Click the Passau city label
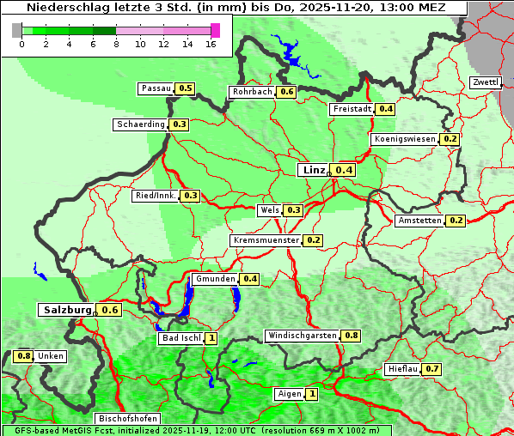click(x=156, y=88)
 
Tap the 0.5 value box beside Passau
click(x=185, y=88)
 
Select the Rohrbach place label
click(x=252, y=92)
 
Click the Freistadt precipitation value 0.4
click(x=386, y=109)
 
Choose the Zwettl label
click(x=485, y=82)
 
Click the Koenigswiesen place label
click(x=404, y=139)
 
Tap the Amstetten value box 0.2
click(x=456, y=221)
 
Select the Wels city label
click(x=269, y=210)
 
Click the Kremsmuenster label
click(x=266, y=240)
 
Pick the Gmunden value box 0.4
click(x=249, y=279)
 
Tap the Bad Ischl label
click(x=181, y=338)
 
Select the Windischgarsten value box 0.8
click(x=351, y=336)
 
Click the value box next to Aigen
click(x=311, y=395)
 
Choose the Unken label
click(x=51, y=356)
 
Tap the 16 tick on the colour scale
click(x=211, y=44)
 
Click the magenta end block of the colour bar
click(x=215, y=30)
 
